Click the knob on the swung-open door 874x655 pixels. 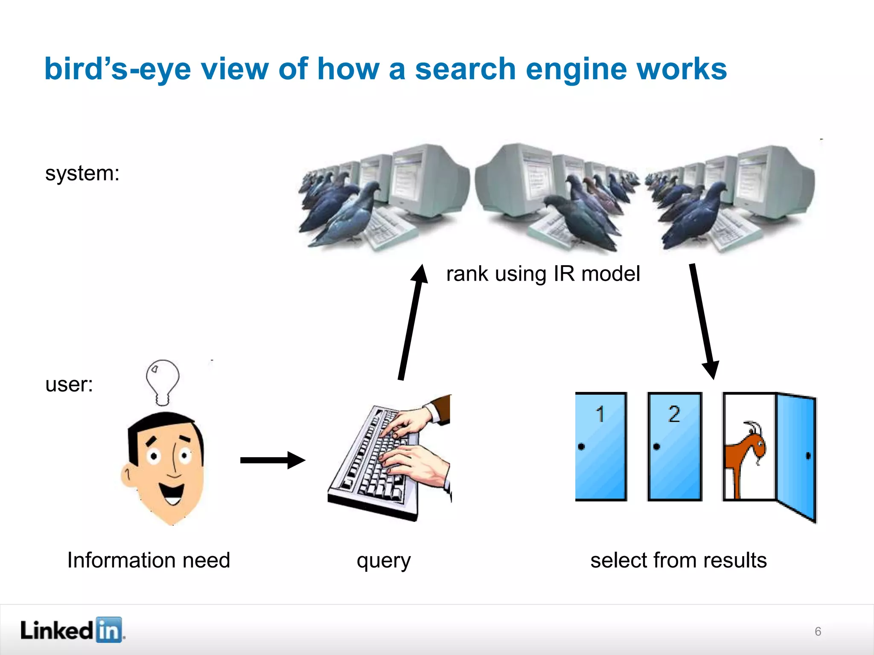pos(808,456)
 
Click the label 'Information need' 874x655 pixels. pos(149,560)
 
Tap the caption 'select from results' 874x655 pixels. pos(679,560)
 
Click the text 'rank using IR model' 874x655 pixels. pos(543,274)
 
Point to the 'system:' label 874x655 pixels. pos(82,174)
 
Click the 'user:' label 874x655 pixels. pos(69,385)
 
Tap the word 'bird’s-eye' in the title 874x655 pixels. pos(117,70)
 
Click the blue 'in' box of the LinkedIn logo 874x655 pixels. pos(109,630)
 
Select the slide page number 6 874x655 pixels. pos(818,632)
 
